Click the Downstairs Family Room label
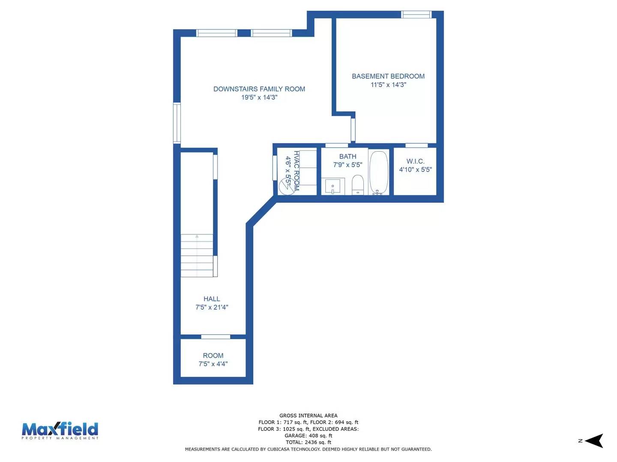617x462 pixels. (259, 89)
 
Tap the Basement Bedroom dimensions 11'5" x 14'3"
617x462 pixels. (388, 85)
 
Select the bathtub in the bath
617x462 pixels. (379, 172)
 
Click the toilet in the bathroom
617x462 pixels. (357, 185)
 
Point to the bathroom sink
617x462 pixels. (332, 187)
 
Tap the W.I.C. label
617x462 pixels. (415, 161)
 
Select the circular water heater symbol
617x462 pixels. (286, 187)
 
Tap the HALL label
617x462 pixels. (212, 299)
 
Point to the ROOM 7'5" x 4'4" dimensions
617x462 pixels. (213, 364)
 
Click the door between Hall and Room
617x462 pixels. (216, 337)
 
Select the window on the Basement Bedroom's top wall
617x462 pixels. (416, 15)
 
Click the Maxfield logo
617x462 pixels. (60, 430)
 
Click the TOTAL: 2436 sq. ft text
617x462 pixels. (308, 442)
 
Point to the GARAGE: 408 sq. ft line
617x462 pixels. (308, 435)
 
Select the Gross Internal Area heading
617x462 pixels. (308, 415)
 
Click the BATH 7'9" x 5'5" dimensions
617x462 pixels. (347, 165)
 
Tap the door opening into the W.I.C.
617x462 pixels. (416, 145)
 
